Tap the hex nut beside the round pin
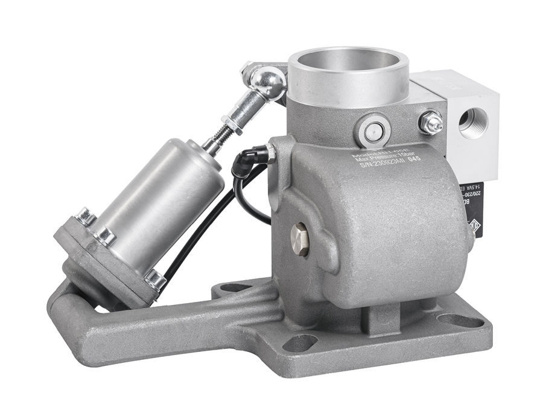431,123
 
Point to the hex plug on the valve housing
299,239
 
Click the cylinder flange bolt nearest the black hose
154,278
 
